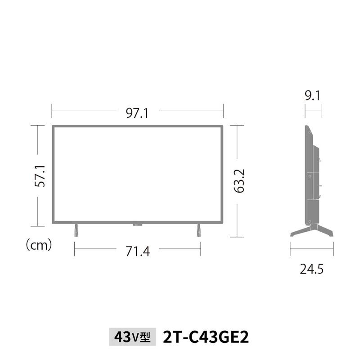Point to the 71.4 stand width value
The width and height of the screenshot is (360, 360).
coord(138,251)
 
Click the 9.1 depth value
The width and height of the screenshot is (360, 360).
coord(312,95)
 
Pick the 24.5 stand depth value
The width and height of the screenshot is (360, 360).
coord(312,269)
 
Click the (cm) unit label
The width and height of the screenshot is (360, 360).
coord(38,245)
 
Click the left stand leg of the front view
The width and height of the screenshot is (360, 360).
coord(76,229)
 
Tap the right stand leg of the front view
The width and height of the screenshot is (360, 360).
coord(198,229)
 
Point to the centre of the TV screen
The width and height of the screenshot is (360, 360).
coord(137,174)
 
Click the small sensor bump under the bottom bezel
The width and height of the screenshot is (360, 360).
coord(137,224)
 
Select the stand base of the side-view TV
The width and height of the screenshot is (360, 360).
coord(311,231)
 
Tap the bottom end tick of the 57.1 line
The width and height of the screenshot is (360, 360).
coord(38,226)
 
